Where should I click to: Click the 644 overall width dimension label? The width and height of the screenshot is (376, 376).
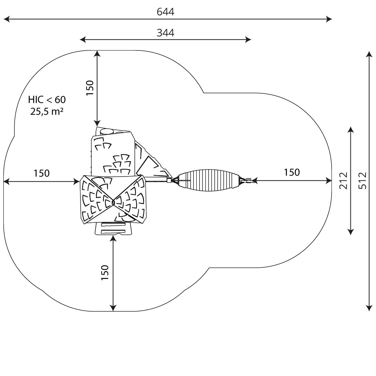165,12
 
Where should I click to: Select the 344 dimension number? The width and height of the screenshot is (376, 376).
165,33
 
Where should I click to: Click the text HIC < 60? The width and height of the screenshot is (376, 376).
47,100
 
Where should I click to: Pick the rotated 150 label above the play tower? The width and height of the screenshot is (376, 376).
90,88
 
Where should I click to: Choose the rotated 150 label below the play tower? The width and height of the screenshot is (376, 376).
105,273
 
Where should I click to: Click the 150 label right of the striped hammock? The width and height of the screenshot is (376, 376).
292,173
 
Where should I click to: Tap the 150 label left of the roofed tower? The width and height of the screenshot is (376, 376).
41,173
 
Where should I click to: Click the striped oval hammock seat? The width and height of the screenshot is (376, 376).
208,180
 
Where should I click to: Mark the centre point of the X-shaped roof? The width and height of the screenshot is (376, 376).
113,203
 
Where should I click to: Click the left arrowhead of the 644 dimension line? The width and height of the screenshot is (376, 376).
6,19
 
